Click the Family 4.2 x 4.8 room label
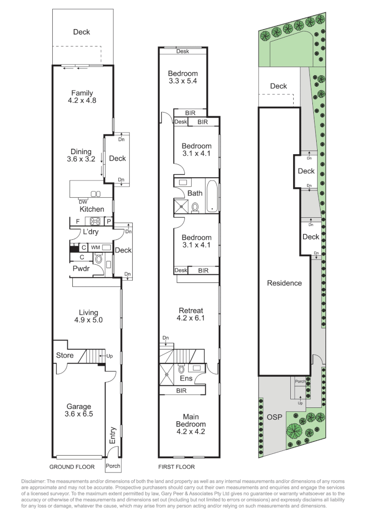[82, 97]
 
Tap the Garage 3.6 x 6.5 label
[78, 410]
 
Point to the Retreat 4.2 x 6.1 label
[191, 314]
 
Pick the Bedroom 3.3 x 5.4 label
[183, 77]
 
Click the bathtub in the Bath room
[212, 195]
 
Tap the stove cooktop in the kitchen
[94, 221]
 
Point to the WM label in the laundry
[95, 247]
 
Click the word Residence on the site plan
[284, 283]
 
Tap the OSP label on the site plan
[273, 417]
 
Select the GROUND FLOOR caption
[72, 467]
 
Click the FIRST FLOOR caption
[176, 467]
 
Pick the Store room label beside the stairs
[65, 355]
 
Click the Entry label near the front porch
[113, 435]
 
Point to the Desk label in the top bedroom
[183, 51]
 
